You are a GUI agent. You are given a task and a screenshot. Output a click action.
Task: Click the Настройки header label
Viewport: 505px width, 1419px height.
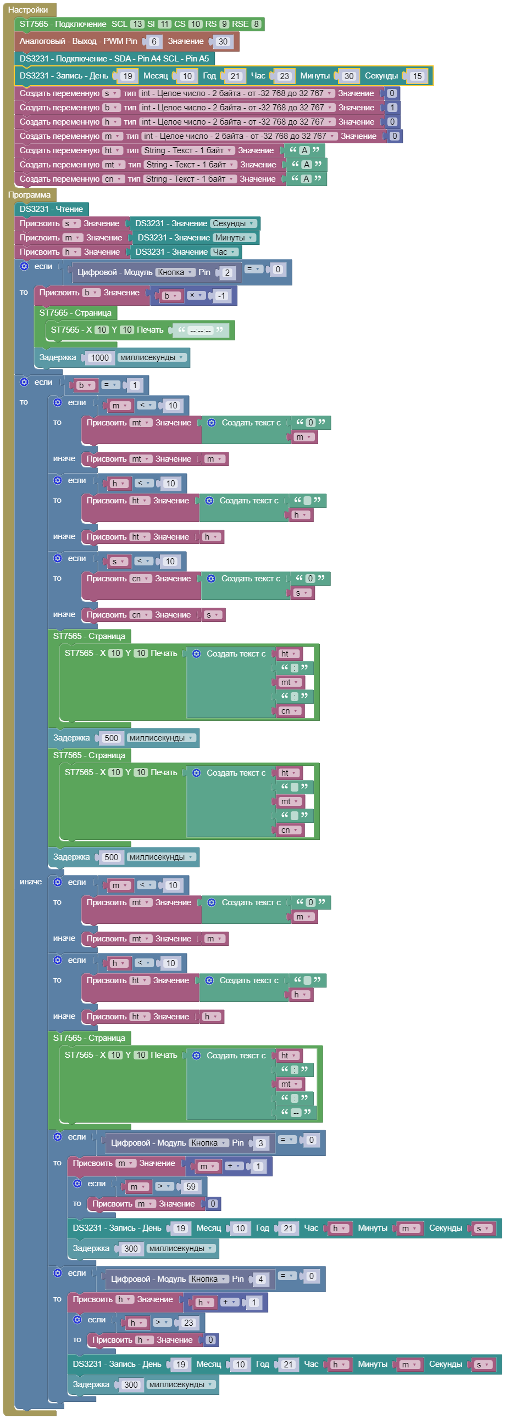point(28,9)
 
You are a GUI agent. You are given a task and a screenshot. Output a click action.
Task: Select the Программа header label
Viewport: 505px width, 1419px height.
point(29,194)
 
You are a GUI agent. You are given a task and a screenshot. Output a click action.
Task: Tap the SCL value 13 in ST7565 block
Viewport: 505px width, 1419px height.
point(137,24)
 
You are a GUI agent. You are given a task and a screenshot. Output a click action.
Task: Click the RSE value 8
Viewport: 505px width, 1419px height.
point(257,24)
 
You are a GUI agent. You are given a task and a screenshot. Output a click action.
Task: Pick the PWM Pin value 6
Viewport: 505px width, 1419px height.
point(154,41)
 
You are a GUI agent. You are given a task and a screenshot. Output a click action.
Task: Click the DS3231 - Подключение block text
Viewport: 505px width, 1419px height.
point(114,58)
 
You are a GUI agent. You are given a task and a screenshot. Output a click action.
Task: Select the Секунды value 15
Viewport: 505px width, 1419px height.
point(417,76)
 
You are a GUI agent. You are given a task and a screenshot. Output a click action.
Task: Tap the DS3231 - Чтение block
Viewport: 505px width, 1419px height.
point(51,209)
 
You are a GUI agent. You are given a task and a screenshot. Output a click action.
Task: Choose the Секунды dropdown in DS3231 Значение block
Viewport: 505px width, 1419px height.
point(233,223)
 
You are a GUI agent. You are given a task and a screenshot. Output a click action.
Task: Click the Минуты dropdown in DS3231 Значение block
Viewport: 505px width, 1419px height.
point(234,238)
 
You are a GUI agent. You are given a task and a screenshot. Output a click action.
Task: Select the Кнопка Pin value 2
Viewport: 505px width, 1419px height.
point(227,272)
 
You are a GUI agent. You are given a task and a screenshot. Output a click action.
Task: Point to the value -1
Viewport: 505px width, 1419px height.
point(221,296)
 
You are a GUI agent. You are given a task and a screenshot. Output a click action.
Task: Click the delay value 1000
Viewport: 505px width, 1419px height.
point(100,357)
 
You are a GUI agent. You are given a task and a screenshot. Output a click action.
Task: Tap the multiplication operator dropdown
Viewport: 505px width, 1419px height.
point(195,295)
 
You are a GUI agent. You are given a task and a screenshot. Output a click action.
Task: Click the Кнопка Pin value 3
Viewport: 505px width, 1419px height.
point(261,1143)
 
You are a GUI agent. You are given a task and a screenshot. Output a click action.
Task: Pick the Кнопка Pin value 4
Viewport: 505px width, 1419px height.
point(261,1279)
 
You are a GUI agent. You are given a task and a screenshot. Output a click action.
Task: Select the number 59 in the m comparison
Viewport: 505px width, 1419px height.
point(191,1187)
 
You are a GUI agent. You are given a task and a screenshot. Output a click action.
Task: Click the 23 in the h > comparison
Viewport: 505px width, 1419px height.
point(188,1322)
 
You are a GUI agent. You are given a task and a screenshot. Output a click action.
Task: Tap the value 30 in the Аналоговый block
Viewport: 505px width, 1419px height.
point(223,41)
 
